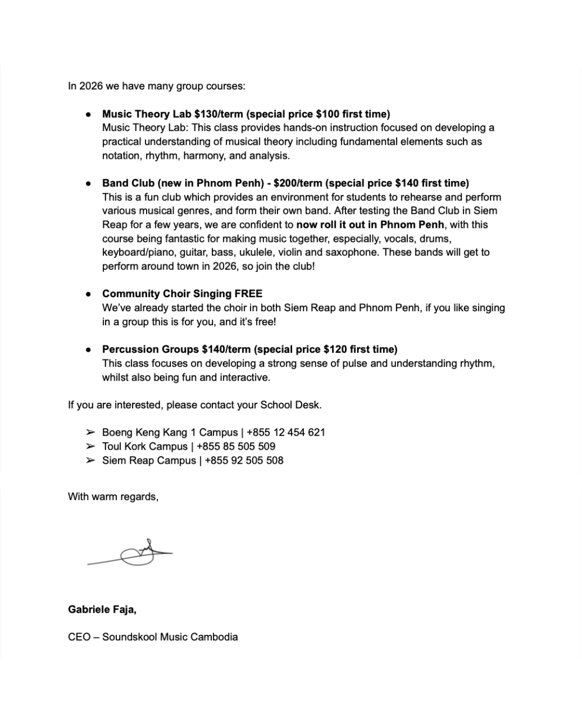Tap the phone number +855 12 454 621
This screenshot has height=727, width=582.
pyautogui.click(x=286, y=432)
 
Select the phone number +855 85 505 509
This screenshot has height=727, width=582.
pyautogui.click(x=236, y=446)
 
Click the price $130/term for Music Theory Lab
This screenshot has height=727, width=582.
pyautogui.click(x=219, y=114)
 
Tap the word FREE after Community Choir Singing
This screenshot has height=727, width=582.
pyautogui.click(x=248, y=294)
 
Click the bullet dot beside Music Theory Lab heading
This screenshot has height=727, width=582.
pyautogui.click(x=88, y=115)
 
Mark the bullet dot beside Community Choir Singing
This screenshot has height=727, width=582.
pyautogui.click(x=88, y=295)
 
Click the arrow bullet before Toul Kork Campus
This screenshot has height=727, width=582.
pyautogui.click(x=90, y=446)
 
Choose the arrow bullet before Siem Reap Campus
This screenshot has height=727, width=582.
pyautogui.click(x=90, y=460)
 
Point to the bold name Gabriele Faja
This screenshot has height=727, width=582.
pyautogui.click(x=102, y=610)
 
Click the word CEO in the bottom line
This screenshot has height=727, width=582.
pyautogui.click(x=79, y=637)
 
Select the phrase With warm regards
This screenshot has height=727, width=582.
pyautogui.click(x=113, y=497)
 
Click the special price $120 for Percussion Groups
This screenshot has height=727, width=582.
pyautogui.click(x=335, y=349)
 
